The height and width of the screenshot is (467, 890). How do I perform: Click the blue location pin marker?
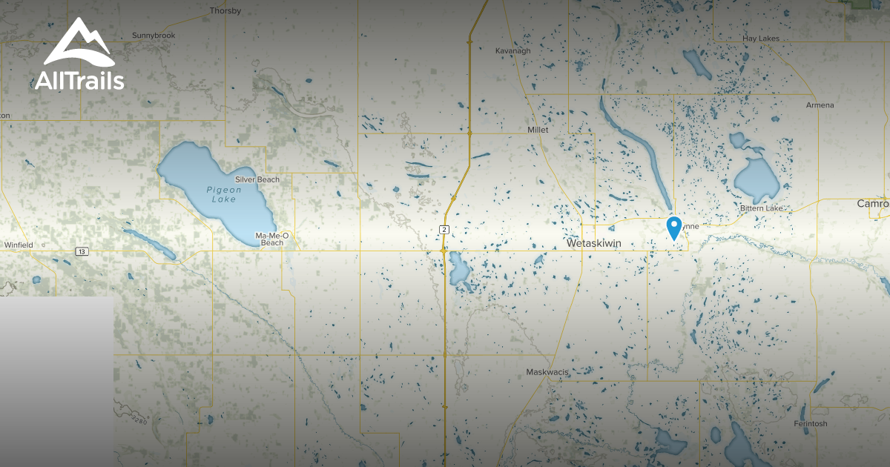tap(673, 227)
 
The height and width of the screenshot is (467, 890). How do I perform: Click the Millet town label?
tap(538, 130)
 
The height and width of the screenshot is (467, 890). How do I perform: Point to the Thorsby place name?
tap(225, 11)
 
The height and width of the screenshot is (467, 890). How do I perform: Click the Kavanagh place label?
tap(513, 51)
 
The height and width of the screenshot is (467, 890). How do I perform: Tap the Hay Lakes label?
tap(760, 38)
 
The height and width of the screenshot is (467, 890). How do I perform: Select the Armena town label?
tap(820, 105)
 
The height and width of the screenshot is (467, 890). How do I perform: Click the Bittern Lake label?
tap(761, 208)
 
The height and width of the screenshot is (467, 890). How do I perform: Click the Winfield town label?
tap(19, 245)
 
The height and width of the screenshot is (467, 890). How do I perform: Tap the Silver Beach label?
tap(257, 180)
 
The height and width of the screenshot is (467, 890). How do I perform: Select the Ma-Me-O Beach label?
tap(271, 239)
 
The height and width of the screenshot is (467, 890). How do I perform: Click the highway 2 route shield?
tap(444, 229)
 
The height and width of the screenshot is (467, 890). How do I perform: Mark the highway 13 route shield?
tap(81, 252)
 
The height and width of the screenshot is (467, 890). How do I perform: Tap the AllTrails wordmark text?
tap(79, 81)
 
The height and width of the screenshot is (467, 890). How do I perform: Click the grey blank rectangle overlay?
tap(56, 382)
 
